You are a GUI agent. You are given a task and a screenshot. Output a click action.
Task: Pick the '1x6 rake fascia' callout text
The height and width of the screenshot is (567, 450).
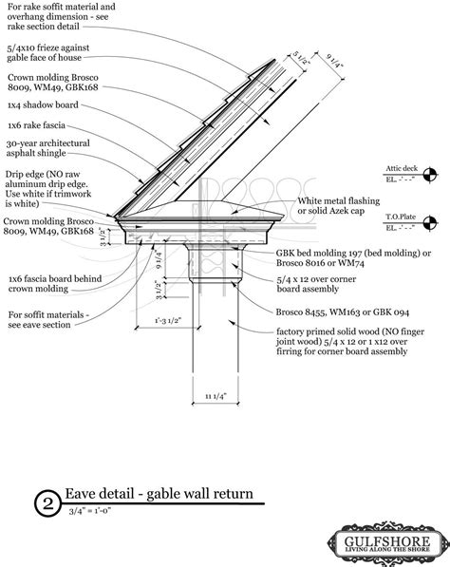click(39, 123)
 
